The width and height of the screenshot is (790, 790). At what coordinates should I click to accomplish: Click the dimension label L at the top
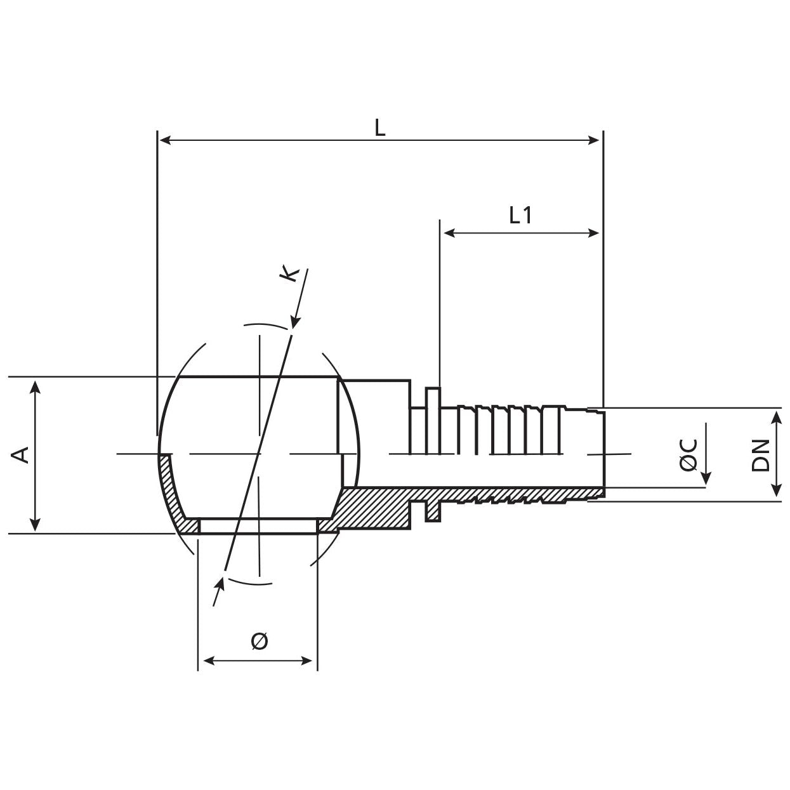click(x=379, y=128)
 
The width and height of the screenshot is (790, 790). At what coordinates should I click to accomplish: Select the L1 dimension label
click(x=520, y=216)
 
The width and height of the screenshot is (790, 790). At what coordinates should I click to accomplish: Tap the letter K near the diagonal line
click(x=290, y=274)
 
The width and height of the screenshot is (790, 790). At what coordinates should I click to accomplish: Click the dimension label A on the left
click(x=22, y=454)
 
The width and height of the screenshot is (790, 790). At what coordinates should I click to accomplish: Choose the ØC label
click(x=689, y=454)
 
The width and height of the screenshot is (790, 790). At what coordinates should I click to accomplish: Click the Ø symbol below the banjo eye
click(x=259, y=641)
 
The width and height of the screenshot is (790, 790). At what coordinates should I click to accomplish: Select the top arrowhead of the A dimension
click(x=36, y=386)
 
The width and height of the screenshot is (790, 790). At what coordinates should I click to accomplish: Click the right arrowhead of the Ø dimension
click(x=309, y=661)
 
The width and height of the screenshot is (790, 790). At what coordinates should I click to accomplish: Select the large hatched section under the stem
click(x=374, y=508)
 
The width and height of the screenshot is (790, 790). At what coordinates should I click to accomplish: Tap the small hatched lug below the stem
click(x=433, y=511)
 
